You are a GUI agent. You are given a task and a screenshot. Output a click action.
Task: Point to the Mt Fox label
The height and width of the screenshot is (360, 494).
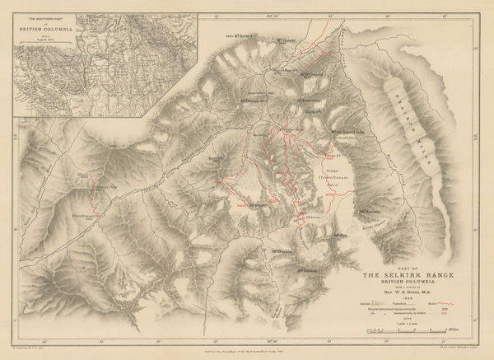pos(343,237)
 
